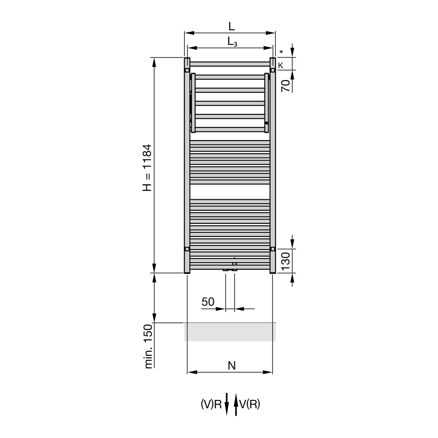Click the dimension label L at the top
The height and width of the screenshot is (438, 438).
231,26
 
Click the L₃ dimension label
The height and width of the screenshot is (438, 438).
232,42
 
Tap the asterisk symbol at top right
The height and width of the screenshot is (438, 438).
281,52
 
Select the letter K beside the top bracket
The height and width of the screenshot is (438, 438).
281,65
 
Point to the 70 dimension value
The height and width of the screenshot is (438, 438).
286,85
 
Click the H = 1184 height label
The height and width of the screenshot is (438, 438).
147,168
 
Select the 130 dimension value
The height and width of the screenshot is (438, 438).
286,262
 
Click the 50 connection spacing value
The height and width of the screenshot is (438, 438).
208,302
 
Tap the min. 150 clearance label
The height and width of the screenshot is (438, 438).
148,346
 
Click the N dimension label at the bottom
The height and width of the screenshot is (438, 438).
232,365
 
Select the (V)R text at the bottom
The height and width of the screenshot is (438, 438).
212,405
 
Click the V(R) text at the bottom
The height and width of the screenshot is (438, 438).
250,405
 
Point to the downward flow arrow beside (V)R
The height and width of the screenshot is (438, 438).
227,404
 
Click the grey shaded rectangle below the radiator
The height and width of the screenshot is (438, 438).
230,332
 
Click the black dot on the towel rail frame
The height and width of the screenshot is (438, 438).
266,124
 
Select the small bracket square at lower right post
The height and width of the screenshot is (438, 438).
273,249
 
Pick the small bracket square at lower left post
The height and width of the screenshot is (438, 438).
187,249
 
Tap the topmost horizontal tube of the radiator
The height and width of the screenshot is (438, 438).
230,64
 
